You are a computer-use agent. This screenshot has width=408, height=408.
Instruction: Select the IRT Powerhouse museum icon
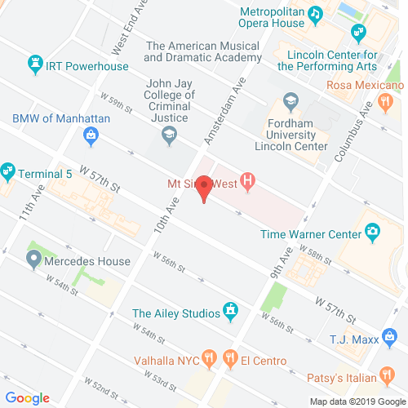pos(35,63)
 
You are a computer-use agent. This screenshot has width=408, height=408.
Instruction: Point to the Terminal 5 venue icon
pos(7,171)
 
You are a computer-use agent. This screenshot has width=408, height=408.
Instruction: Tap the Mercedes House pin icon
pos(33,262)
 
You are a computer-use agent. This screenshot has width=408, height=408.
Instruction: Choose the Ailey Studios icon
pos(231,312)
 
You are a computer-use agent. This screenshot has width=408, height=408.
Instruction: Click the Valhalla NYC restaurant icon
pos(210,357)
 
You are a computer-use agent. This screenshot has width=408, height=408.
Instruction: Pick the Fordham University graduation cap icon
pos(290,101)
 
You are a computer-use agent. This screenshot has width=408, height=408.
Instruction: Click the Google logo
pos(27,397)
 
